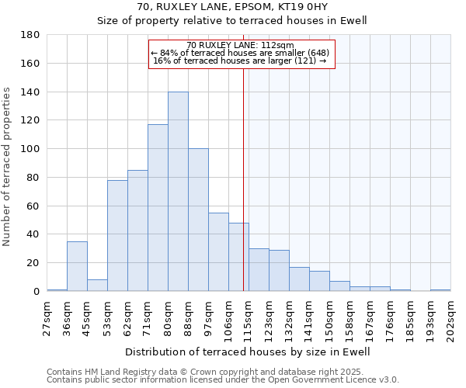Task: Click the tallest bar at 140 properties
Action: tap(178, 192)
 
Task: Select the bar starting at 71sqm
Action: tap(158, 208)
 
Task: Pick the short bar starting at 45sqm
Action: tap(97, 285)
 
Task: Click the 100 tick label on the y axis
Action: tap(31, 149)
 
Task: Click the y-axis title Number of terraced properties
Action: tap(7, 167)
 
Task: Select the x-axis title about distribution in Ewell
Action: tap(247, 352)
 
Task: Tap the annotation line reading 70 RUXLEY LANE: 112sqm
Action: tap(241, 45)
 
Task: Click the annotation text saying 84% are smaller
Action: tap(241, 53)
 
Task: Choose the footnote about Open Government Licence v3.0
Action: tap(222, 379)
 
